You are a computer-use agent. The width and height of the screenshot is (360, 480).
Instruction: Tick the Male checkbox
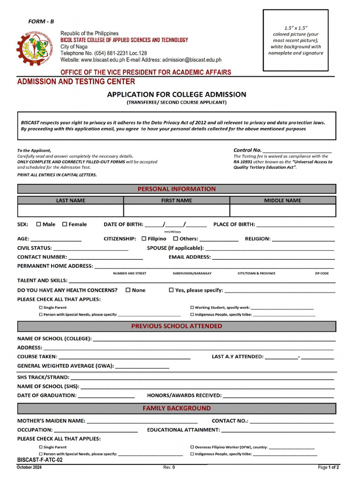click(38, 224)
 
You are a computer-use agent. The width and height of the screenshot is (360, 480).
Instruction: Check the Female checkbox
click(65, 224)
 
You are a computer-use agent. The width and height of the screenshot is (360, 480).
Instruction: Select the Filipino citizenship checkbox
click(144, 239)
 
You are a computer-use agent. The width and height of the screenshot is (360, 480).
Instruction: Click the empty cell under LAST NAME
click(70, 210)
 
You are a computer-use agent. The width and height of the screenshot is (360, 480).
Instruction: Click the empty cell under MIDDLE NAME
click(283, 210)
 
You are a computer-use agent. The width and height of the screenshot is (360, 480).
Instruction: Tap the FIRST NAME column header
click(176, 200)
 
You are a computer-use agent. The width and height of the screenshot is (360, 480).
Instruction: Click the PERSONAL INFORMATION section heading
click(176, 189)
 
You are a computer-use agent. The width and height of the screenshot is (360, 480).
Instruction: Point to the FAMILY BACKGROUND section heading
click(176, 408)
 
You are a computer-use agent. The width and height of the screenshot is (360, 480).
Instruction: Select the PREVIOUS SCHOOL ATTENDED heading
click(176, 326)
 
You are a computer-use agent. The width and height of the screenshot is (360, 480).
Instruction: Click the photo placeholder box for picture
click(295, 40)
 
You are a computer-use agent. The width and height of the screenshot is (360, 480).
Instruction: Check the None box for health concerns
click(128, 290)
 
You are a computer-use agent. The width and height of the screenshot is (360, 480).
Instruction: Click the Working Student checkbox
click(192, 307)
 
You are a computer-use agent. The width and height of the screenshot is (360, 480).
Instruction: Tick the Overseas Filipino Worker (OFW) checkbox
click(192, 447)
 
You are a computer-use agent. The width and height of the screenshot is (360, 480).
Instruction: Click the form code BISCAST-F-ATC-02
click(40, 460)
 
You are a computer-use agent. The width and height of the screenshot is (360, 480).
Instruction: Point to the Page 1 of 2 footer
click(328, 467)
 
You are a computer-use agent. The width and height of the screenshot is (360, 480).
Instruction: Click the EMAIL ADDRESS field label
click(189, 257)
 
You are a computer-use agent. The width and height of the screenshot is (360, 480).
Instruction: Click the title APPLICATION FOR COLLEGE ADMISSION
click(176, 94)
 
